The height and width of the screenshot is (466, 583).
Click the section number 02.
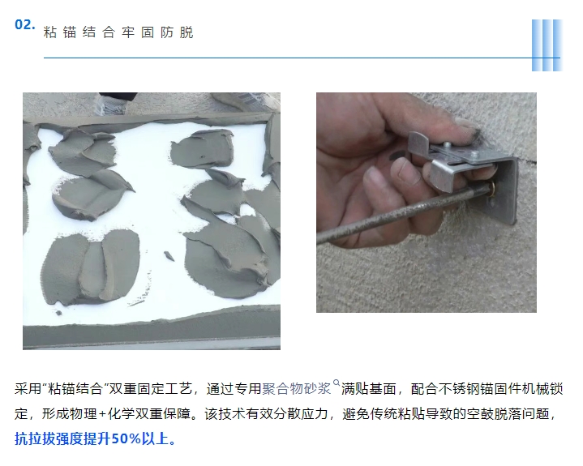(24, 24)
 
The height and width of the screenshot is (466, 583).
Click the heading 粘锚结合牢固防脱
(118, 32)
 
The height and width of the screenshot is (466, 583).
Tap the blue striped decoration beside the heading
(547, 45)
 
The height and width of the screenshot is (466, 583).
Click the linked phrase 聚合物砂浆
(296, 389)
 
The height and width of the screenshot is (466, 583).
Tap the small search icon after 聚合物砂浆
(337, 383)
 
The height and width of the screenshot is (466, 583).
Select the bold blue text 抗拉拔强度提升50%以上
(95, 439)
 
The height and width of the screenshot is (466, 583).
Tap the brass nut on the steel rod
(492, 190)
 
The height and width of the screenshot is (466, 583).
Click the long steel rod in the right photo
(403, 214)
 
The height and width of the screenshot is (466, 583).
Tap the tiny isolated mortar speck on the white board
(169, 256)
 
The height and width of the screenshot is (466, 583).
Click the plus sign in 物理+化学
(103, 414)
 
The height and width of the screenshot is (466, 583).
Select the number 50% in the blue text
(126, 439)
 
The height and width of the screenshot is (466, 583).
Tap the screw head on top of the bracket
(474, 153)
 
